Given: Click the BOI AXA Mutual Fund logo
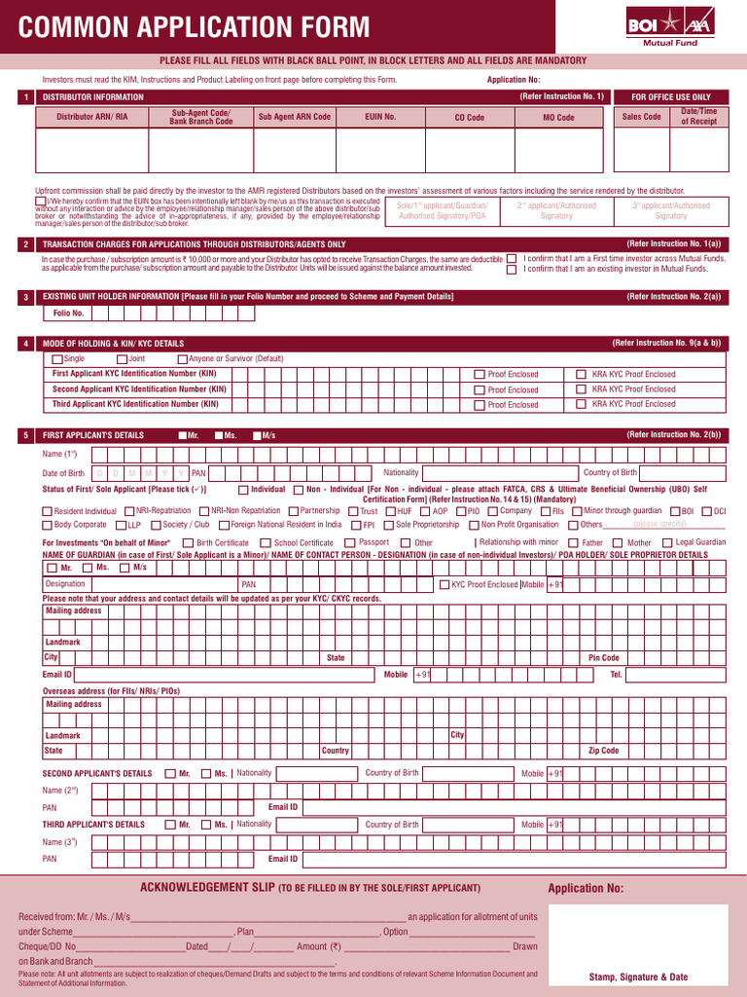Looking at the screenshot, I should coord(672,25).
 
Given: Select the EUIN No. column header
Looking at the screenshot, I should coord(380,117).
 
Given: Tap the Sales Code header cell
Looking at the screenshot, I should coord(641,117).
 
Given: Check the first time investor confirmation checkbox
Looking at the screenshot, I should coord(512,259).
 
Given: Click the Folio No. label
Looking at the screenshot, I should coord(68,314).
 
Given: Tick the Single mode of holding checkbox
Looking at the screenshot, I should coord(57,359).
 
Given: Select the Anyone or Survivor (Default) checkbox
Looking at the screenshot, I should coord(182,359).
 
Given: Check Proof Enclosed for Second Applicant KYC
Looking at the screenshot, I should coord(480,389).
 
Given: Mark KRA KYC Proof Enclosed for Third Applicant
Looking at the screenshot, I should coord(581,404).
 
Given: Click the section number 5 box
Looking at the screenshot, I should coord(25,435).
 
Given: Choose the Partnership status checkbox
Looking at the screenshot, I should coord(293,511).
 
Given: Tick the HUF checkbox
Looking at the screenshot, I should coord(390,511).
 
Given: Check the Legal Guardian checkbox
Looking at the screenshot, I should coord(667,543).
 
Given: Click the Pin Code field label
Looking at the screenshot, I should coord(603,658).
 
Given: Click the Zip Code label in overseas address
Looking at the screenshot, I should coord(603,751).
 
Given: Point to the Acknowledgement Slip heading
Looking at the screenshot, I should coord(310,888).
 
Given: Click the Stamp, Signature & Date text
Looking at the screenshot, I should coord(638,977).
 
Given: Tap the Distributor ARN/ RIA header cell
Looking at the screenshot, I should coord(91,117).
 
